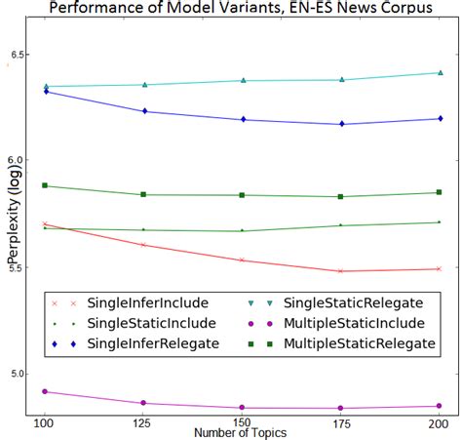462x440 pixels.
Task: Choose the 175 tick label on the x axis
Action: coord(341,423)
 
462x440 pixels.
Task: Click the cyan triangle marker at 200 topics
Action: coord(440,72)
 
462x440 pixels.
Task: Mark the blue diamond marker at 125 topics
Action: coord(143,111)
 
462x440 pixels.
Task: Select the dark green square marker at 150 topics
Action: coord(242,195)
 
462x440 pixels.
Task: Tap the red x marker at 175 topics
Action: coord(341,271)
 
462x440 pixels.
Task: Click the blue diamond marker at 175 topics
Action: coord(341,124)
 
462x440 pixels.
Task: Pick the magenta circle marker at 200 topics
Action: coord(440,406)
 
